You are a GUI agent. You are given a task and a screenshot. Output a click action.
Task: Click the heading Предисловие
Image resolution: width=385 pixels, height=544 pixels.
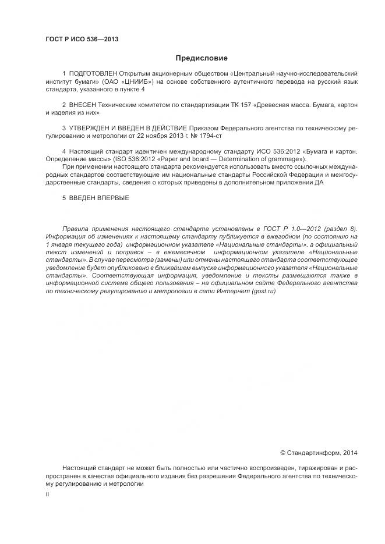tap(202, 58)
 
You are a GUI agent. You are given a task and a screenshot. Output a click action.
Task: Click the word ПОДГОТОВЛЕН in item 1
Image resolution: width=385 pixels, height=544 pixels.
tap(93, 74)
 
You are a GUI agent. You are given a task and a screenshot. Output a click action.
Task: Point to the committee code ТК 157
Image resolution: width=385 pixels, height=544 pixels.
tap(248, 104)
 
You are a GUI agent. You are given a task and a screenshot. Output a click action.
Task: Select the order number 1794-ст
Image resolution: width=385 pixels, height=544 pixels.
tap(210, 135)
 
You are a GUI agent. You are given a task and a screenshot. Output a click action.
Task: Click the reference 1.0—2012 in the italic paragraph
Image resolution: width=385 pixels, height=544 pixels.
tap(294, 229)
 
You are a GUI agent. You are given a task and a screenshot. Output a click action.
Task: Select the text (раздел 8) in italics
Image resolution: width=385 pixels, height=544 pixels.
tap(337, 229)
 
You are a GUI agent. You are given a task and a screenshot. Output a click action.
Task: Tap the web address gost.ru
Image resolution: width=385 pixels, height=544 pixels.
tap(264, 291)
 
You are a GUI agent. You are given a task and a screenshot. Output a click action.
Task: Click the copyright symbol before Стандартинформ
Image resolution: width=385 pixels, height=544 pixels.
tap(283, 452)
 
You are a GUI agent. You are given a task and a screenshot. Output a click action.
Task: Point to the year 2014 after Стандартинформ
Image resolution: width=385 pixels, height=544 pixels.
tap(350, 452)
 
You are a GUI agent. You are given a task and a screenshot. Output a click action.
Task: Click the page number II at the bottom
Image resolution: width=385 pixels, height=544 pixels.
tap(47, 494)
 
